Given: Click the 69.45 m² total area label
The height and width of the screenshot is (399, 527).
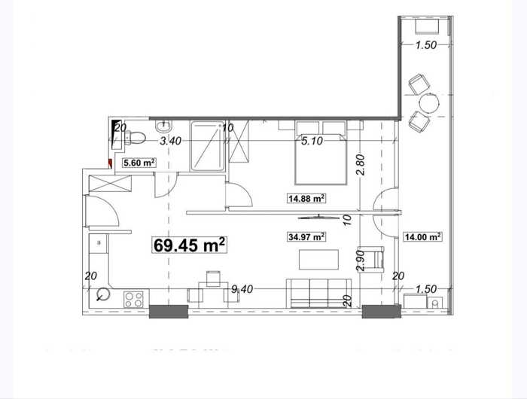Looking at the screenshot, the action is (x=190, y=245).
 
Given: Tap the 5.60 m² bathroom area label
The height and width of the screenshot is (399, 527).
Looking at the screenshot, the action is (x=139, y=163).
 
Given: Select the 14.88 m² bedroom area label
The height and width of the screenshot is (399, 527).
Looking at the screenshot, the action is (x=306, y=199).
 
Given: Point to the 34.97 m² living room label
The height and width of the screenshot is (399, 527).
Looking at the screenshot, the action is (x=306, y=237).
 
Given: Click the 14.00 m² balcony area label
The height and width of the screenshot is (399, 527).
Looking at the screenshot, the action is (x=423, y=237).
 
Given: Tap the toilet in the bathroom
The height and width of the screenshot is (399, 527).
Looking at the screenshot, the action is (x=135, y=138).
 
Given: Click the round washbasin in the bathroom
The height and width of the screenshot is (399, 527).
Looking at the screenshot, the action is (x=163, y=126).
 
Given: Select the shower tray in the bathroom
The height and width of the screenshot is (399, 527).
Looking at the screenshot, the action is (x=207, y=146).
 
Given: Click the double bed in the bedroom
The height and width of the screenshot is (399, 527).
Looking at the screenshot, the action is (x=321, y=160).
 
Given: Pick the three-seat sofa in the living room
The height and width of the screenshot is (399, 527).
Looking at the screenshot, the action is (x=318, y=293).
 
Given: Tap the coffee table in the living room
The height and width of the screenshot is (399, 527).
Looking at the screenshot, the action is (x=319, y=260).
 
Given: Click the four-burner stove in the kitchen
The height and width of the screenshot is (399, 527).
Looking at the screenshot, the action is (x=133, y=299).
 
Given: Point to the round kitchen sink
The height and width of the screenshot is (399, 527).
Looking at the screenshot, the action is (x=103, y=295).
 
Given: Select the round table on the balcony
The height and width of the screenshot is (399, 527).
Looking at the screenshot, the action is (x=429, y=103).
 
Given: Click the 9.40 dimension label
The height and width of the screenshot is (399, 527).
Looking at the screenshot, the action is (x=242, y=289).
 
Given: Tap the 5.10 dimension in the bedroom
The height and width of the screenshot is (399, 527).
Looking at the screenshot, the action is (x=312, y=141).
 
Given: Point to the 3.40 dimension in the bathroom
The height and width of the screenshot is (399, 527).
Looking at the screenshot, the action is (x=170, y=141).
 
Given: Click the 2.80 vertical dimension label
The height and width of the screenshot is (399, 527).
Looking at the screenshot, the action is (x=361, y=165).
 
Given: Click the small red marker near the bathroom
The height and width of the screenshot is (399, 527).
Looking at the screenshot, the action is (x=110, y=163).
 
